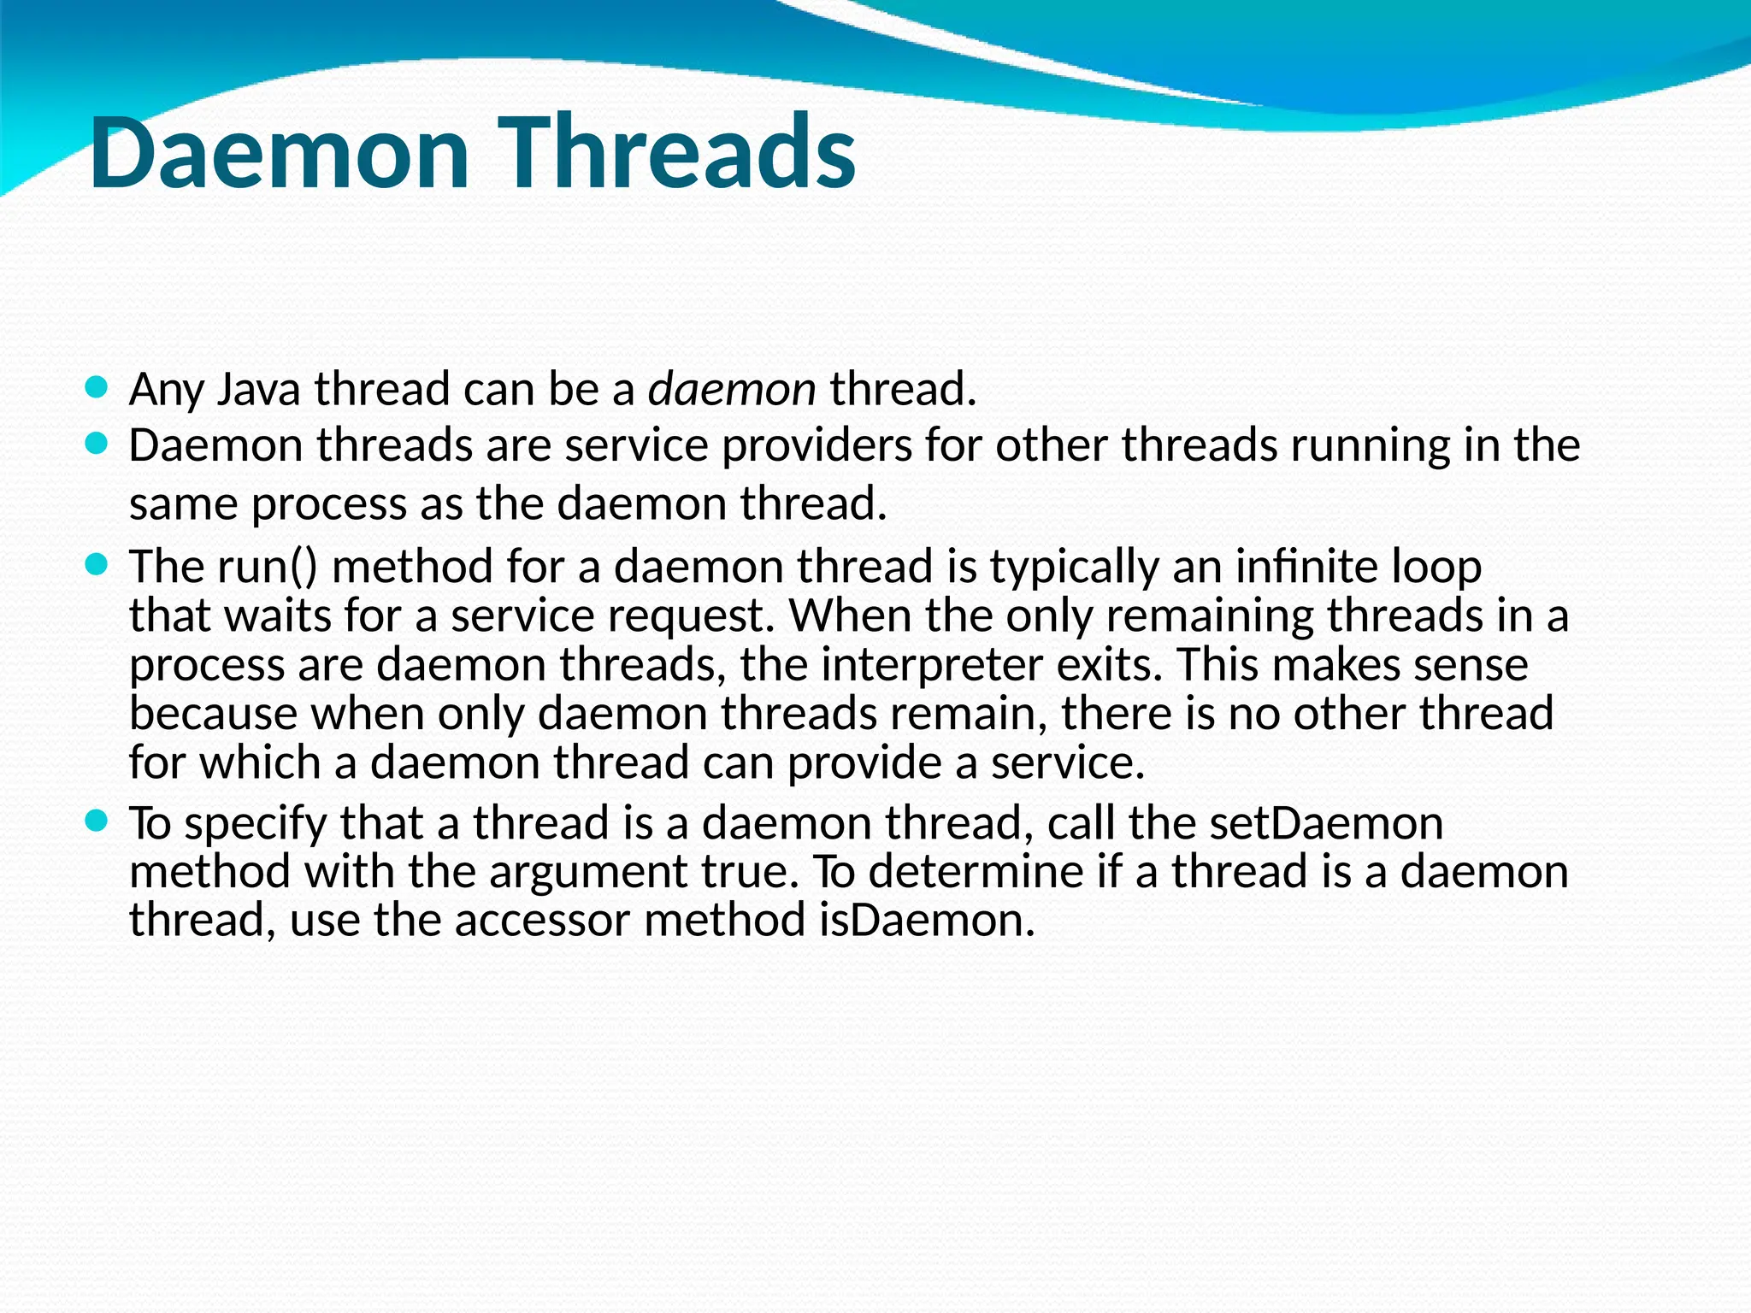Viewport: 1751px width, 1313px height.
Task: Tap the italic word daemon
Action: click(x=732, y=390)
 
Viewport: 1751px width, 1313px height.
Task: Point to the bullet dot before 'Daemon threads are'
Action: click(x=97, y=444)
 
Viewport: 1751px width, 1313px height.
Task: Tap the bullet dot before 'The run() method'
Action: click(x=97, y=564)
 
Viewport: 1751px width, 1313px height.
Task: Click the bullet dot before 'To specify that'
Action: click(x=97, y=821)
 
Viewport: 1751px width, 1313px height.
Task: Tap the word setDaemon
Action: click(x=1326, y=823)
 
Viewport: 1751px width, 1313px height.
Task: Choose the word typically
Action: click(x=1074, y=568)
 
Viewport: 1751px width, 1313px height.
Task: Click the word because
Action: click(x=214, y=714)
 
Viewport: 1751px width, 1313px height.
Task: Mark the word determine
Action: click(x=971, y=872)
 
